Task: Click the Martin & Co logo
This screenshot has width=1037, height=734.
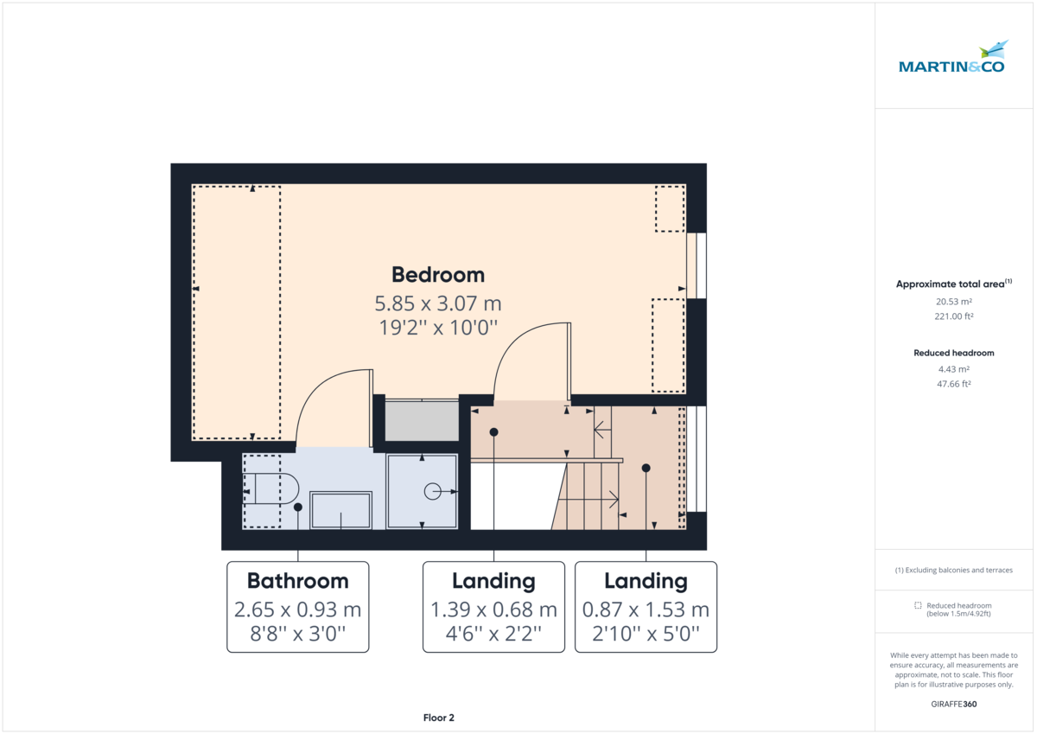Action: pyautogui.click(x=951, y=57)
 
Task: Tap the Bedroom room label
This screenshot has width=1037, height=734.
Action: pyautogui.click(x=438, y=275)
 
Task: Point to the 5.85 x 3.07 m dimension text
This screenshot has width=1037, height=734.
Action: pyautogui.click(x=438, y=303)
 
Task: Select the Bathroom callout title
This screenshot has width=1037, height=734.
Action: pyautogui.click(x=297, y=581)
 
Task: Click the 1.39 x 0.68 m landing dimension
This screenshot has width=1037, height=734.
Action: pyautogui.click(x=493, y=610)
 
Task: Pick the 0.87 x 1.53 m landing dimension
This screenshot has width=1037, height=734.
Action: pyautogui.click(x=646, y=610)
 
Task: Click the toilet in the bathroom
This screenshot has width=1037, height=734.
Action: pyautogui.click(x=270, y=488)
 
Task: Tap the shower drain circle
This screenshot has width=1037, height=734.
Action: pyautogui.click(x=432, y=491)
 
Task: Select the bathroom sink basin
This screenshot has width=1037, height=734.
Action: pyautogui.click(x=340, y=510)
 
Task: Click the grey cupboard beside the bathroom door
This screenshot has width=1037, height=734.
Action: pyautogui.click(x=422, y=420)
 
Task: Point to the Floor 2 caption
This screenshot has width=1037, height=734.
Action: pyautogui.click(x=438, y=718)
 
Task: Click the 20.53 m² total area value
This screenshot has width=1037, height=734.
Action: pyautogui.click(x=954, y=302)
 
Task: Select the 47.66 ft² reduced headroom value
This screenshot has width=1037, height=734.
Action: pyautogui.click(x=954, y=384)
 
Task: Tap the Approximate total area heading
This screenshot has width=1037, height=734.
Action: pyautogui.click(x=954, y=284)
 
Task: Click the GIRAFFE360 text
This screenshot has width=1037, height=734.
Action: pyautogui.click(x=954, y=704)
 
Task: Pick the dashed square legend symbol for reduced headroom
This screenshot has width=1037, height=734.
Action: pyautogui.click(x=918, y=605)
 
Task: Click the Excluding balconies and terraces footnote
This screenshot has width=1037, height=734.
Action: pyautogui.click(x=954, y=570)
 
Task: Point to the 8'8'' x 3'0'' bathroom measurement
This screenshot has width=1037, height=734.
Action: pyautogui.click(x=297, y=634)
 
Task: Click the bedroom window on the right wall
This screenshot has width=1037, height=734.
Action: pyautogui.click(x=697, y=265)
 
